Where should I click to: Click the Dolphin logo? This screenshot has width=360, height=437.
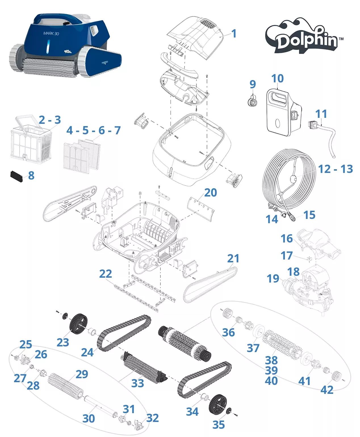[x=304, y=37]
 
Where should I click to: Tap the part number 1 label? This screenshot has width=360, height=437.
[x=234, y=34]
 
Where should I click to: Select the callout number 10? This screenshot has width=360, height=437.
[x=277, y=79]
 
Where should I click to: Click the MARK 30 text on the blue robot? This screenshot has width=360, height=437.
[x=51, y=34]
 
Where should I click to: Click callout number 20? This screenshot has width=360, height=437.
[x=210, y=193]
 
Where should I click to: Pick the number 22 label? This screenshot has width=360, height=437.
[x=105, y=274]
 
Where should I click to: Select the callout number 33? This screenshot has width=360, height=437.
[x=138, y=383]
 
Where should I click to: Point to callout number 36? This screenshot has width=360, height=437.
[x=228, y=332]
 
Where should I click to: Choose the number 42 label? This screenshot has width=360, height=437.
[x=327, y=390]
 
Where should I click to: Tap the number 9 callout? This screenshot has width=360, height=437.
[x=252, y=84]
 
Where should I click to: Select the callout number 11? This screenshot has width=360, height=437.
[x=321, y=114]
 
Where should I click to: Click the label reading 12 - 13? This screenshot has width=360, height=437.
[x=335, y=169]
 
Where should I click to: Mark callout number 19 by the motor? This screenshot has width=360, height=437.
[x=273, y=279]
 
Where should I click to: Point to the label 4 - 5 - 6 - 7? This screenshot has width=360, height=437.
[x=93, y=130]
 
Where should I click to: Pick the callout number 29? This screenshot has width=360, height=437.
[x=82, y=374]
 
